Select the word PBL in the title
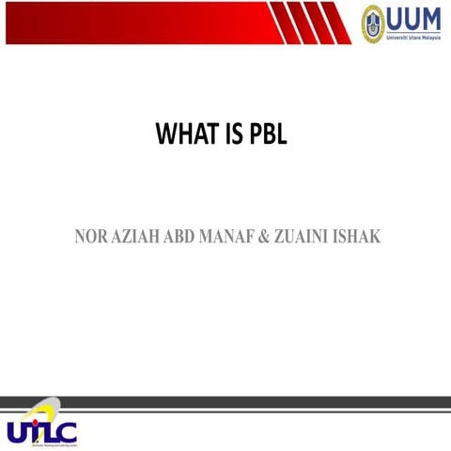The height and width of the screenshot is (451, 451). click(269, 136)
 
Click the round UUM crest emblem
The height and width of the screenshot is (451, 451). click(373, 22)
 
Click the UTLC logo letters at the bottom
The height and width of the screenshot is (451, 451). click(41, 432)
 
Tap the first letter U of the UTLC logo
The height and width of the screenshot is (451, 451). click(19, 432)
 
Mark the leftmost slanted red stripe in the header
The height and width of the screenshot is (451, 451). click(281, 23)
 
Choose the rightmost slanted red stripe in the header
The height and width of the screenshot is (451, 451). click(337, 23)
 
